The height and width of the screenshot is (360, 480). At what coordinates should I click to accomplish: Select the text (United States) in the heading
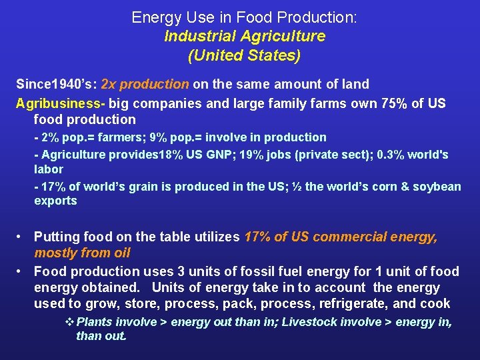coord(244,55)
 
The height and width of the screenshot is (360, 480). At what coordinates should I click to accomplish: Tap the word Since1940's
coord(55,84)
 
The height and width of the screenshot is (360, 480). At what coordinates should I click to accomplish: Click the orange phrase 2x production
coord(145,84)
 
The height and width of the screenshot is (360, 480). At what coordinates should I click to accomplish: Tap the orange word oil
coord(121,253)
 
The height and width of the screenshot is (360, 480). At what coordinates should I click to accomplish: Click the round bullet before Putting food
coord(22,237)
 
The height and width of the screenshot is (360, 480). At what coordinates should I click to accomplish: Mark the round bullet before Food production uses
coord(22,271)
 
